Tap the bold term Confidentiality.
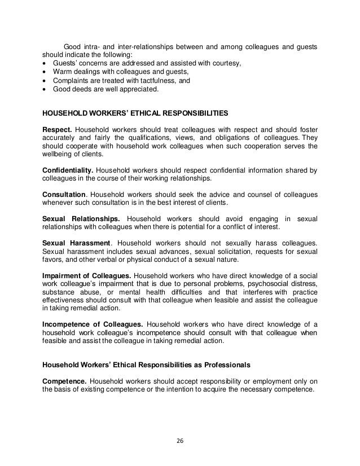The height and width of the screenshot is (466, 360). [x=68, y=170]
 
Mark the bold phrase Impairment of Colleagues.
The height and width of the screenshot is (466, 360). [x=87, y=275]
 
